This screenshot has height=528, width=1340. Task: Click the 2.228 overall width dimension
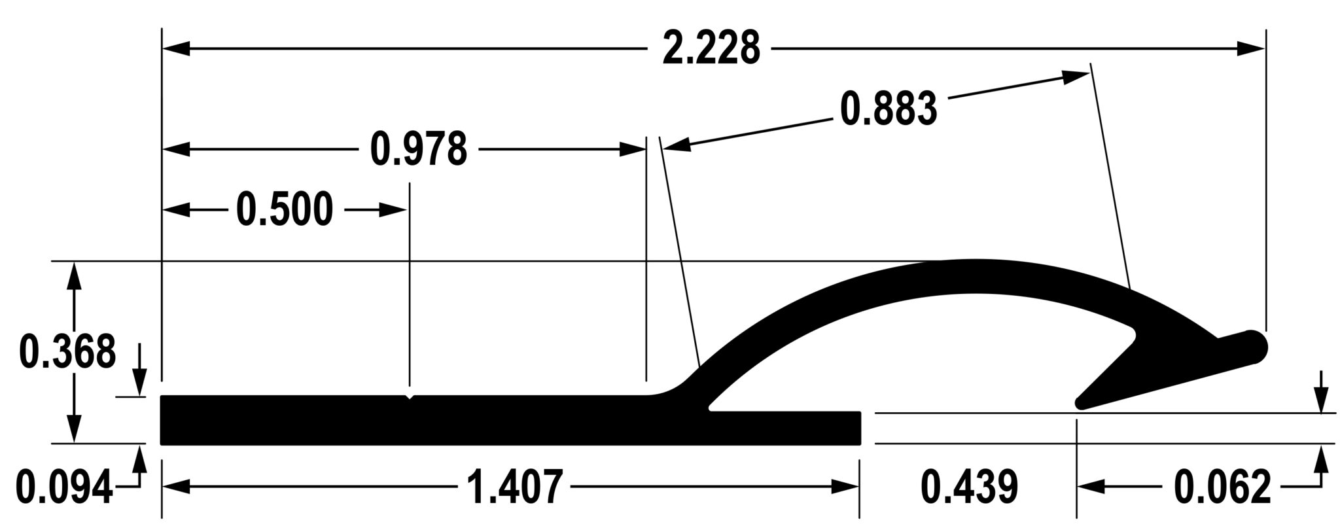(711, 48)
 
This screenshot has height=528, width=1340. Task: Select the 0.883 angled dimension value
(888, 109)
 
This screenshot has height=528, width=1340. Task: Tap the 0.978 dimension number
(419, 150)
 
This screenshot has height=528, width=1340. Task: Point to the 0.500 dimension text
(284, 210)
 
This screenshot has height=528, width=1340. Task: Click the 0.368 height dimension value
(67, 352)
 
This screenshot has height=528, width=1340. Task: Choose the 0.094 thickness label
(64, 488)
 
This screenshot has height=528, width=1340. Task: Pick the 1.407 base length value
(514, 487)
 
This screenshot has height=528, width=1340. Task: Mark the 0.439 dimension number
(969, 487)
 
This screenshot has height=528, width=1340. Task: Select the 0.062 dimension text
(1222, 487)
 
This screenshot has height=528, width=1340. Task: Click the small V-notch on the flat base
(410, 396)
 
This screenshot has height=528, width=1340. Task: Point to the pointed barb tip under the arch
(1080, 404)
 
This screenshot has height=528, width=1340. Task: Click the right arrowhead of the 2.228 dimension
(1250, 48)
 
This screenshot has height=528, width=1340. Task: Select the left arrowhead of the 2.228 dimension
(177, 48)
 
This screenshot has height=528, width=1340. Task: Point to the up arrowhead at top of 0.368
(75, 275)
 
